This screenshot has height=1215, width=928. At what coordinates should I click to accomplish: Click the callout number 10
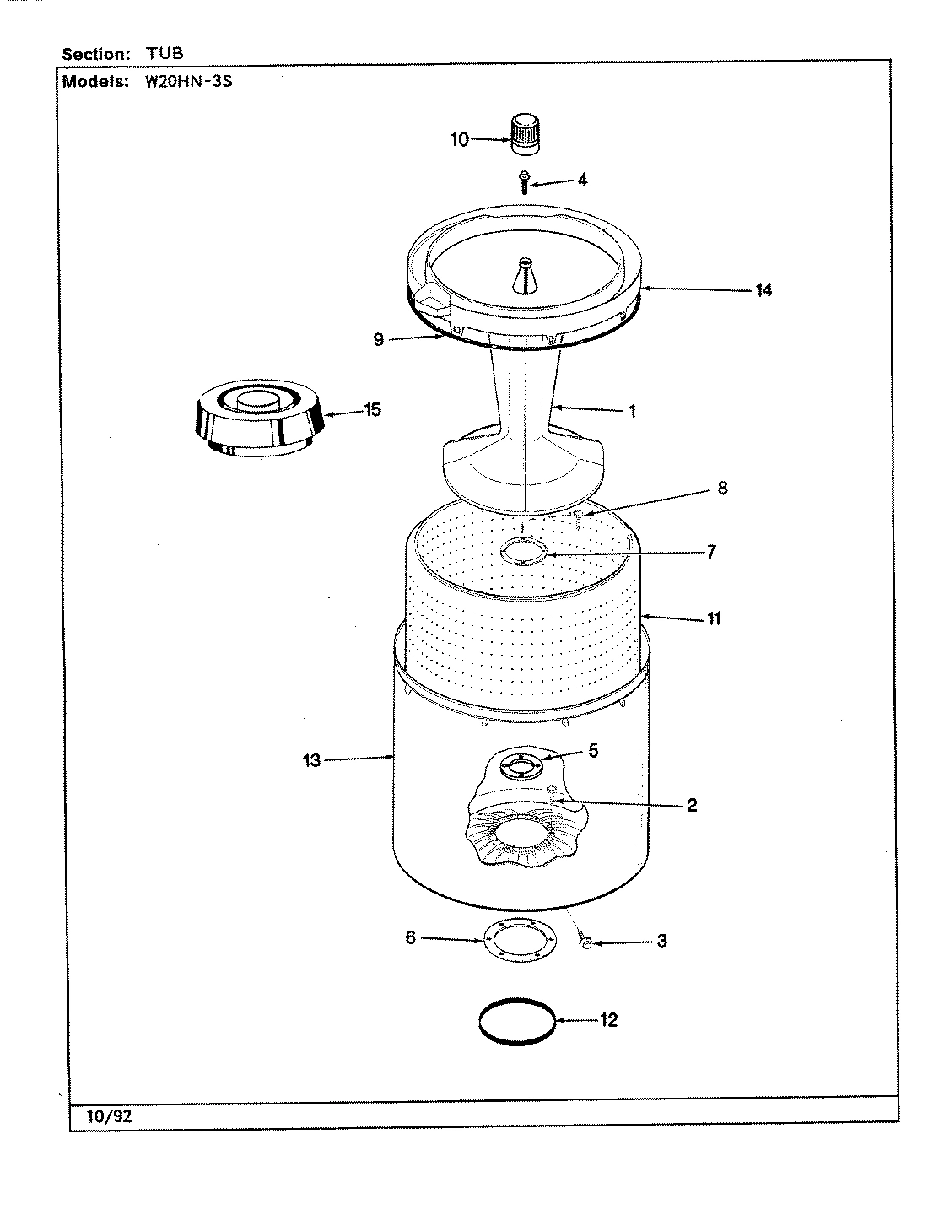click(x=459, y=139)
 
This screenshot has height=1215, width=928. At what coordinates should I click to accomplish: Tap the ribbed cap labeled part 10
click(x=525, y=134)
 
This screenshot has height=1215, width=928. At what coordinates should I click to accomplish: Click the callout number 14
click(x=763, y=289)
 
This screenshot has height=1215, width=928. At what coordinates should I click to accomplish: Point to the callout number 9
click(x=379, y=339)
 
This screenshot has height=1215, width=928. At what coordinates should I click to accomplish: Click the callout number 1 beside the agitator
click(x=631, y=412)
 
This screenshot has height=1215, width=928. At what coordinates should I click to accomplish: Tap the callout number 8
click(x=721, y=488)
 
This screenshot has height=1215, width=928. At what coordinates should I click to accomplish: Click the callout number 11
click(x=713, y=619)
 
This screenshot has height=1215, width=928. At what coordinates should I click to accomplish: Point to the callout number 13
click(x=312, y=760)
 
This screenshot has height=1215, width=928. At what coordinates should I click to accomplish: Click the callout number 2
click(x=691, y=805)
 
